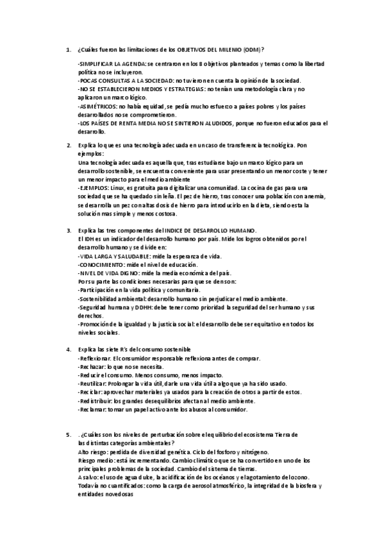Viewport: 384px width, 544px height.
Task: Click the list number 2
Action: pyautogui.click(x=69, y=146)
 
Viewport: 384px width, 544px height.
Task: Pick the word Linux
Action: pyautogui.click(x=119, y=189)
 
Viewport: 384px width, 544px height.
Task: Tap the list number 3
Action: pyautogui.click(x=69, y=230)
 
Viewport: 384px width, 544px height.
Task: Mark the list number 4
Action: pyautogui.click(x=69, y=349)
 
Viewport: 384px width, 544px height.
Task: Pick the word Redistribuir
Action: pyautogui.click(x=95, y=400)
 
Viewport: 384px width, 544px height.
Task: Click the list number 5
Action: pyautogui.click(x=69, y=434)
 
